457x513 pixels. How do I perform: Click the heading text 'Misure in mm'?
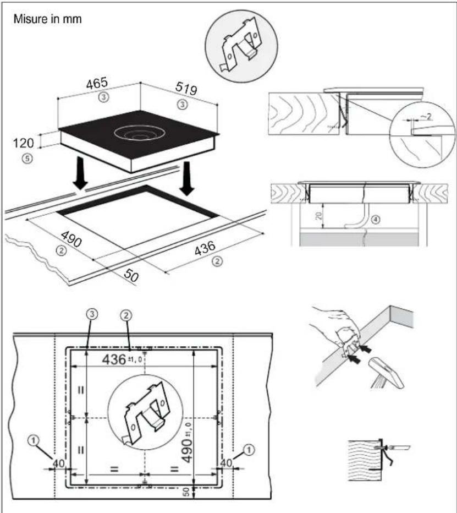(47, 19)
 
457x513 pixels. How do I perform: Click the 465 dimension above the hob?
(97, 83)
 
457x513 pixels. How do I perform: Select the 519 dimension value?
(186, 88)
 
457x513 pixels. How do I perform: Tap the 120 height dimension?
(23, 143)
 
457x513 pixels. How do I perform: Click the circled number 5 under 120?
(27, 159)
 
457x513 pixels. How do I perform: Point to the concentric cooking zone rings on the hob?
(139, 133)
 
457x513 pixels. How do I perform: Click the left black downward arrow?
(80, 173)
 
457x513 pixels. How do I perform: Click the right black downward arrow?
(187, 178)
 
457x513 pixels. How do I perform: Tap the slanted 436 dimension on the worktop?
(205, 248)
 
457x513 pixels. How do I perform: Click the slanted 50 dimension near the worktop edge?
(131, 276)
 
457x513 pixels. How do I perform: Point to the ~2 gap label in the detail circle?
(425, 117)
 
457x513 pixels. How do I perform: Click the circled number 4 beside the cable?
(376, 220)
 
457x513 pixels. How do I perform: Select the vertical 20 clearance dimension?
(319, 216)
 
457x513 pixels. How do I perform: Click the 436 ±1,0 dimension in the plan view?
(122, 359)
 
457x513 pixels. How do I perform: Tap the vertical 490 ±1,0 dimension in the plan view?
(187, 443)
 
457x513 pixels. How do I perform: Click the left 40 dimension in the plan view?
(59, 463)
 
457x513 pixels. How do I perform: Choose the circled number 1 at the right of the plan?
(249, 450)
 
